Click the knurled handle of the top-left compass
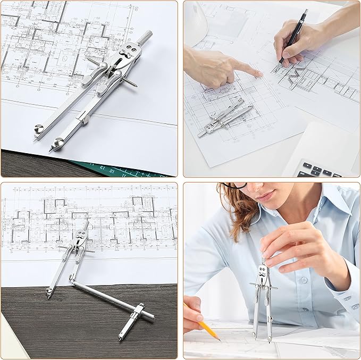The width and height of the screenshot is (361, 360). [144, 37]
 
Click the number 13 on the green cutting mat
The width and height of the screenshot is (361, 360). [111, 170]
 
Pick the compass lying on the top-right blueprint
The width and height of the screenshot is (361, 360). [226, 118]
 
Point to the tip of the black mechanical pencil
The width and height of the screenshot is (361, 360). [276, 70]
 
